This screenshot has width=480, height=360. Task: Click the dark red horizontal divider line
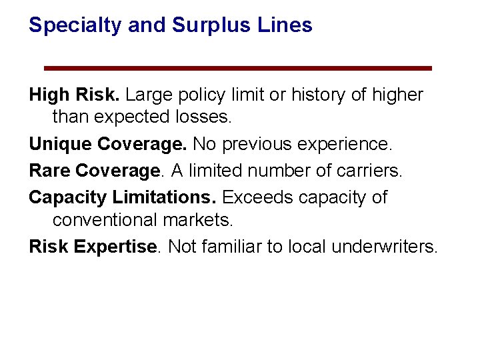click(x=238, y=68)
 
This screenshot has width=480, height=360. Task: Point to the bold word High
click(x=49, y=95)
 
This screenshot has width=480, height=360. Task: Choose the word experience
click(x=351, y=144)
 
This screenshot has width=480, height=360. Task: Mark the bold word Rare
click(x=49, y=171)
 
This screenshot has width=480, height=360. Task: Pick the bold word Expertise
click(x=116, y=247)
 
